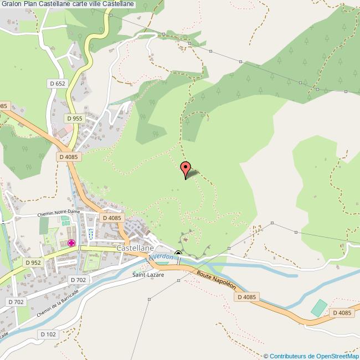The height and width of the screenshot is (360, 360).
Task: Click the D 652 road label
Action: coord(56,84)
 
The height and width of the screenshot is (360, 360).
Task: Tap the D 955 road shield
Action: coord(74,118)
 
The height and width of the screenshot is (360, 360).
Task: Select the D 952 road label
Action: coord(33,263)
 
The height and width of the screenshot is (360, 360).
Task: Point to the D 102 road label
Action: coord(49,334)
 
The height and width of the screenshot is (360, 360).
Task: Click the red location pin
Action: coord(186,168)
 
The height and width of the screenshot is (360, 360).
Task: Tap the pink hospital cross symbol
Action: coord(71,243)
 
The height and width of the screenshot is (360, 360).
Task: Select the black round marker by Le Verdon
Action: coord(178,254)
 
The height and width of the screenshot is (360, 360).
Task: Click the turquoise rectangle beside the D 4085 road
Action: coord(318,308)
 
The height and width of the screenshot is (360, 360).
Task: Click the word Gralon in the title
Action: coord(12,4)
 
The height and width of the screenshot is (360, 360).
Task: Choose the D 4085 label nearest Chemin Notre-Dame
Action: coord(112,218)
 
